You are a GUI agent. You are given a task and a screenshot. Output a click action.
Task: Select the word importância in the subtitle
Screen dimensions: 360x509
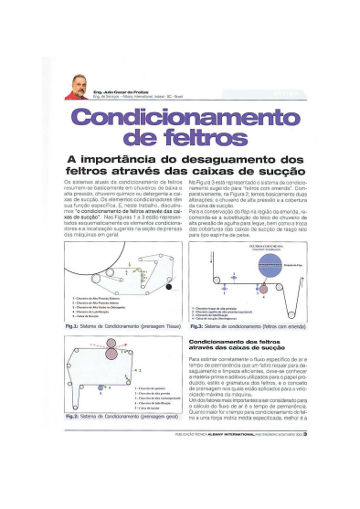point(142,160)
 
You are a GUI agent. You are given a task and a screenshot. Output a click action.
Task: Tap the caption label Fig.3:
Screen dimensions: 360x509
point(198,326)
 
